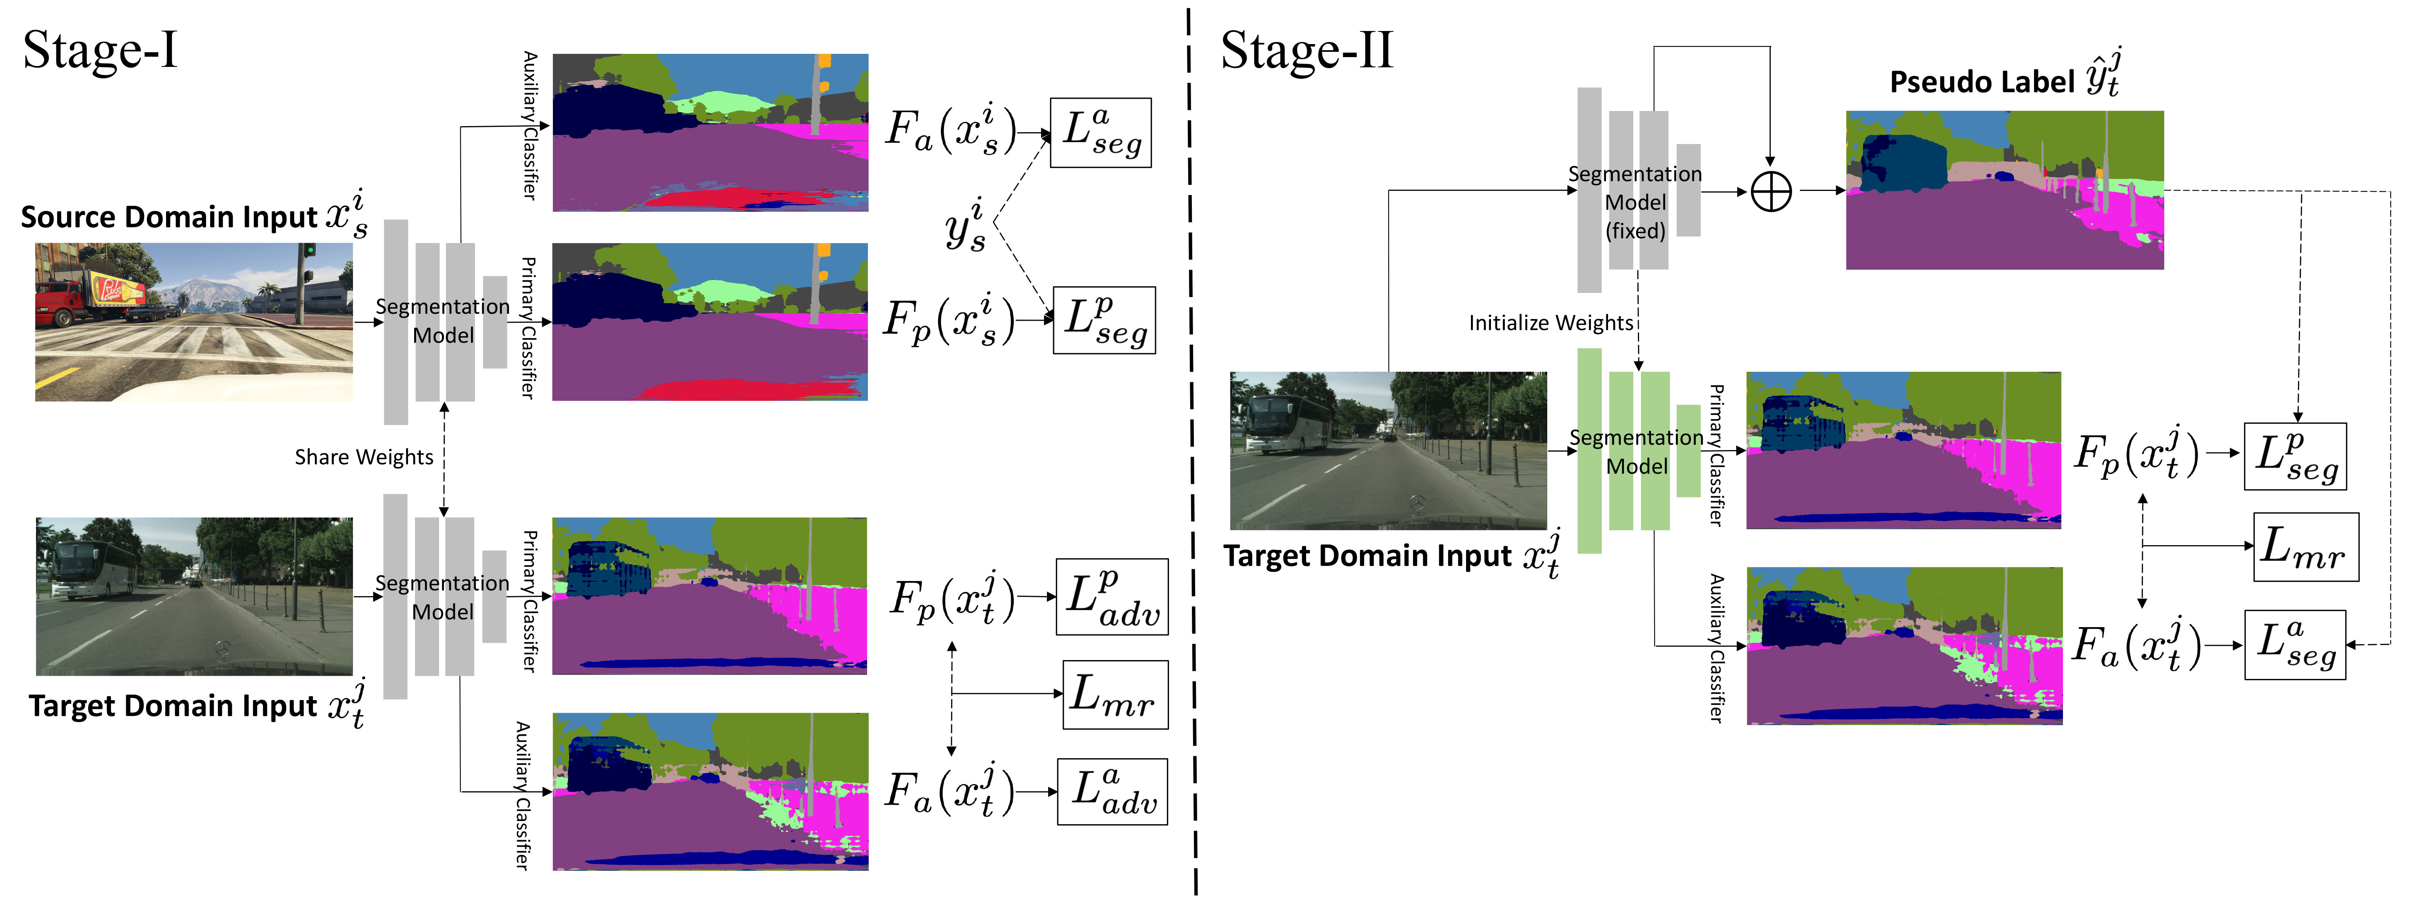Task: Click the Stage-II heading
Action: tap(1307, 51)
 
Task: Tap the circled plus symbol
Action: tap(1770, 193)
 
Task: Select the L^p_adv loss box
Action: tap(1112, 597)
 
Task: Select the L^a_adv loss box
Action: tap(1112, 792)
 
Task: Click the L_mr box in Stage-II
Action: tap(2305, 547)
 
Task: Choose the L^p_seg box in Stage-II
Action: tap(2296, 456)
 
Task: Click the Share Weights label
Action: tap(364, 457)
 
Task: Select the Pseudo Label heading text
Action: tap(1983, 82)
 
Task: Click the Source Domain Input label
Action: tap(169, 217)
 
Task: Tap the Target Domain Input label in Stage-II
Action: tap(1367, 556)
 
